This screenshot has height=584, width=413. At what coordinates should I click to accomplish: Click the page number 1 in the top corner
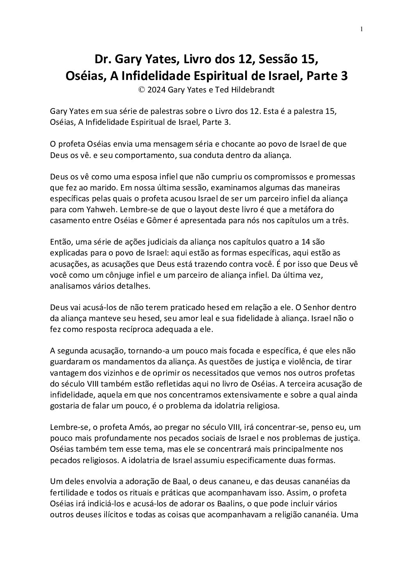(x=362, y=29)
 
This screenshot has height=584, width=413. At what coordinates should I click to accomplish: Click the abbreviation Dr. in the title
(x=102, y=60)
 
